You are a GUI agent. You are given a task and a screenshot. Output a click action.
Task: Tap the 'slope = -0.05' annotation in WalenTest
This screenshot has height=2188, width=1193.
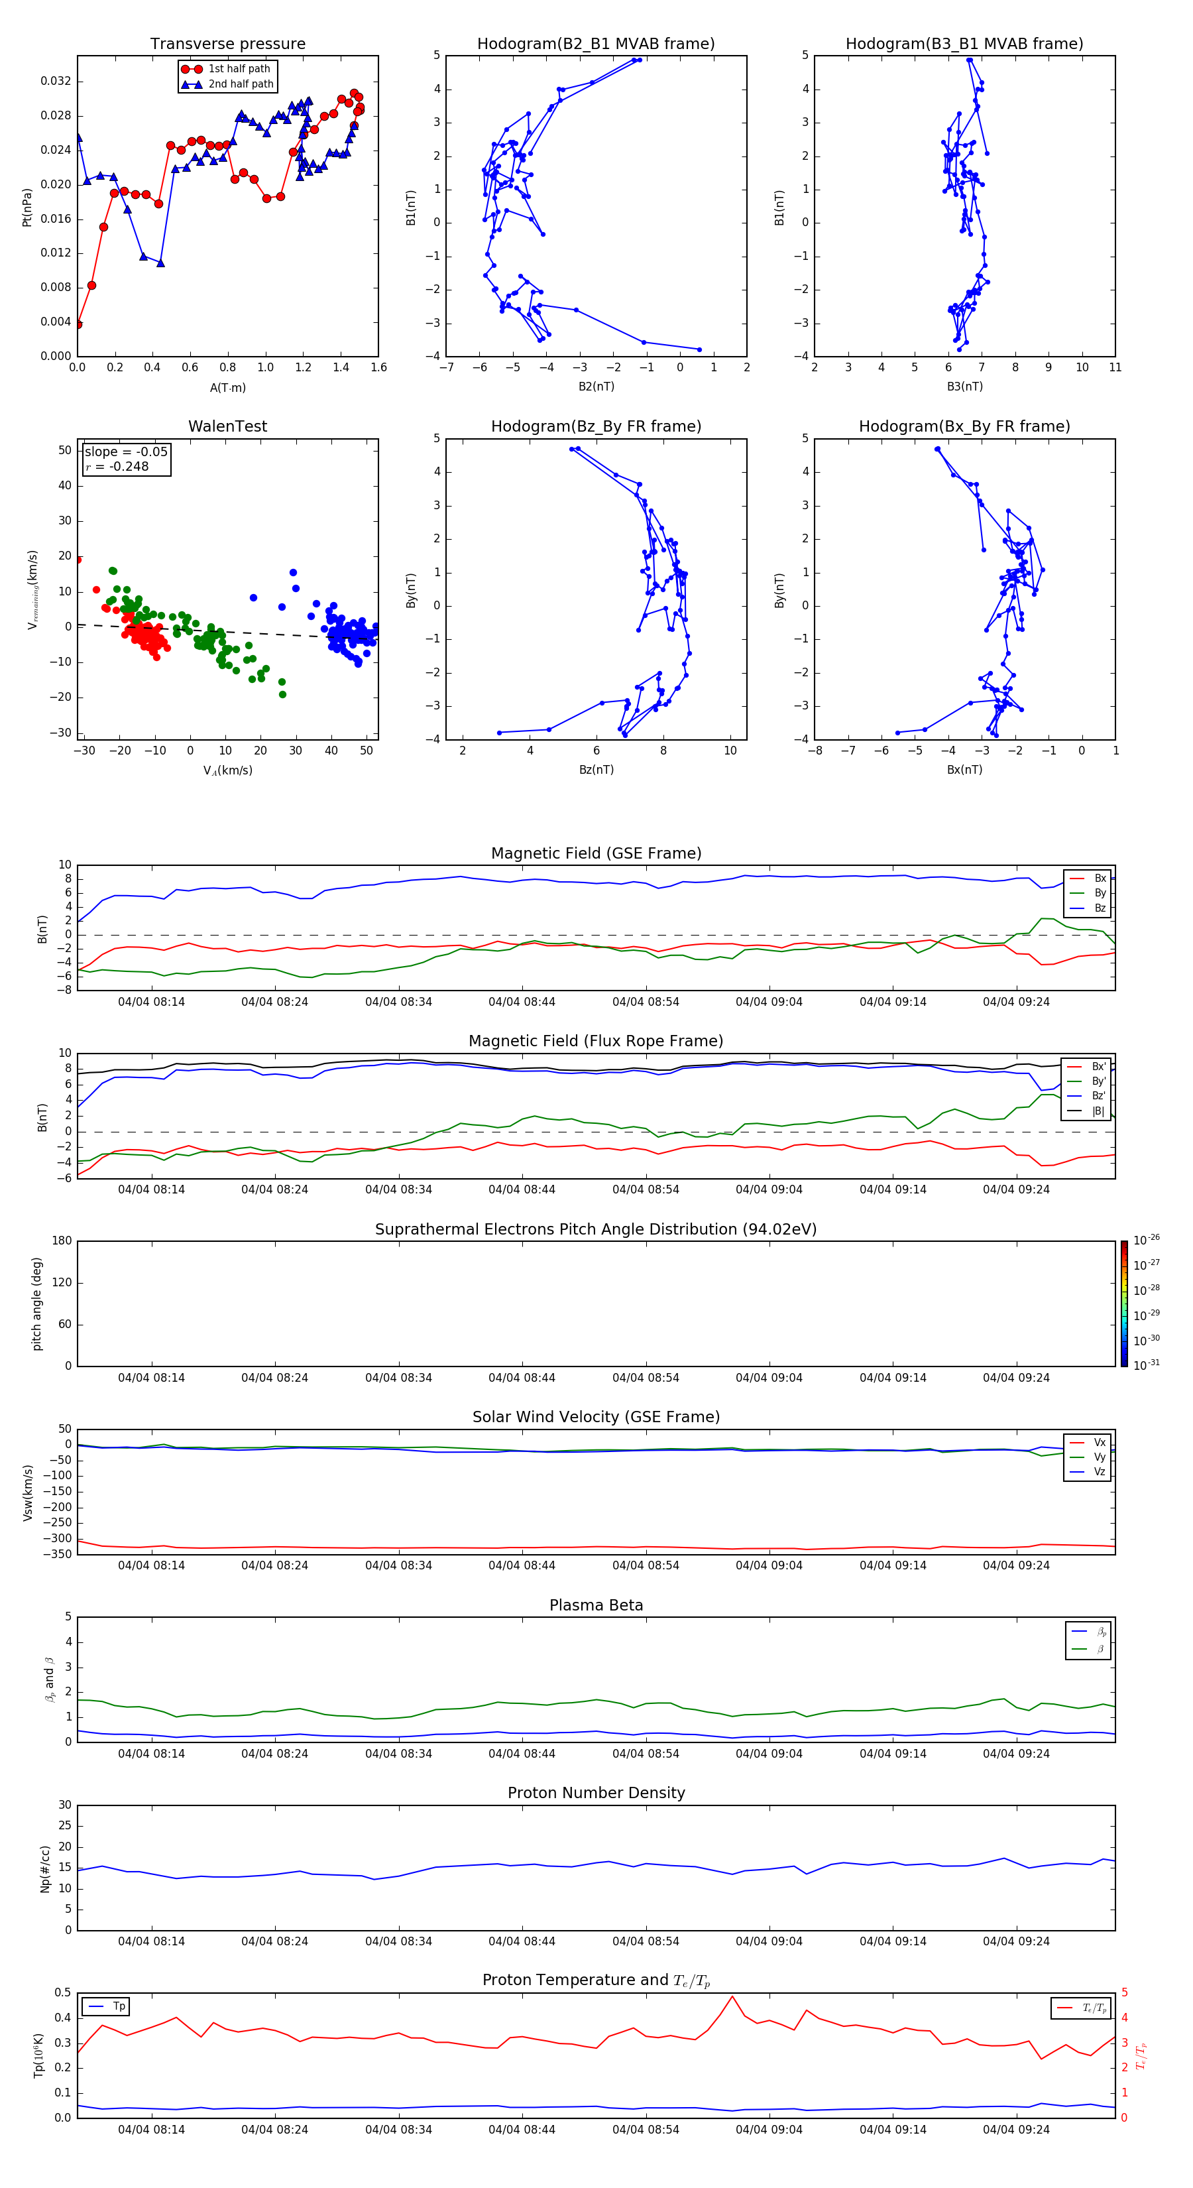pyautogui.click(x=126, y=452)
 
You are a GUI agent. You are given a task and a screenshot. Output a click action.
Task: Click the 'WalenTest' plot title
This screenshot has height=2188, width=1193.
pyautogui.click(x=227, y=426)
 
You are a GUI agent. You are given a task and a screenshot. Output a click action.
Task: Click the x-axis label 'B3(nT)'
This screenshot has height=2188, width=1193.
pyautogui.click(x=964, y=387)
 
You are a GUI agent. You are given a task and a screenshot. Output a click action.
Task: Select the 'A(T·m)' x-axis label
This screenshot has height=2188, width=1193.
pyautogui.click(x=227, y=388)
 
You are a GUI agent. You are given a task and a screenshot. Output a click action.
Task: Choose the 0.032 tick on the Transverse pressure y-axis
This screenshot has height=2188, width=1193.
pyautogui.click(x=56, y=82)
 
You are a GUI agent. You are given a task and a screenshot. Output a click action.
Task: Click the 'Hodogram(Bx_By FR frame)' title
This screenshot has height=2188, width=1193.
pyautogui.click(x=964, y=426)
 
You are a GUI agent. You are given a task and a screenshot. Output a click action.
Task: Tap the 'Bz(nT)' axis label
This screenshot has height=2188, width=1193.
pyautogui.click(x=596, y=770)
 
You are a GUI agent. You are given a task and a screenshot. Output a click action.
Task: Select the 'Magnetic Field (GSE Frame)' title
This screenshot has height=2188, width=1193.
pyautogui.click(x=596, y=853)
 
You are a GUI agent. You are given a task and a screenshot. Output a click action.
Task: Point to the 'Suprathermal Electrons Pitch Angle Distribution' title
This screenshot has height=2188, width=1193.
pyautogui.click(x=596, y=1229)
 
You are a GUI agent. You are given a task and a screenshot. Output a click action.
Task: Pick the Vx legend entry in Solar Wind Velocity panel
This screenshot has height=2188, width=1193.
pyautogui.click(x=1099, y=1442)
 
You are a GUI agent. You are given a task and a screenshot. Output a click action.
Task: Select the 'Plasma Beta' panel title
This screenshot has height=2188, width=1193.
pyautogui.click(x=596, y=1605)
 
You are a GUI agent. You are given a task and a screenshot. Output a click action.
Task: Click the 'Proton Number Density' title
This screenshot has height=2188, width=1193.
pyautogui.click(x=596, y=1793)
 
